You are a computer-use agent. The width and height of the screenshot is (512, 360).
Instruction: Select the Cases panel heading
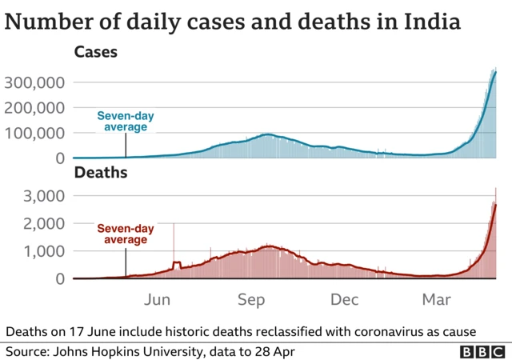(95, 54)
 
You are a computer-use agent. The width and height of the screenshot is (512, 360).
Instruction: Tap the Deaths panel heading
(100, 172)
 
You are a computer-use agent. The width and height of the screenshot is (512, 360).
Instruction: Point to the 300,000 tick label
(34, 82)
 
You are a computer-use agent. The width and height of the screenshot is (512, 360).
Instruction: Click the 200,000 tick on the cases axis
(34, 108)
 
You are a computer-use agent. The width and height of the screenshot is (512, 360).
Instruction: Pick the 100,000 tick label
(34, 133)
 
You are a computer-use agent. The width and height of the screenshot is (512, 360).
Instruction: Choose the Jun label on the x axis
(158, 300)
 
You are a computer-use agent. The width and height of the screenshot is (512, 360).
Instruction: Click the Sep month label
(251, 300)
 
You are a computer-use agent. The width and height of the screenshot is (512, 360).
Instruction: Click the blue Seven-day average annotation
(126, 122)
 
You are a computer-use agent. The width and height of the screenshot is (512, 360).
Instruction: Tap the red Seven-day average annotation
(126, 234)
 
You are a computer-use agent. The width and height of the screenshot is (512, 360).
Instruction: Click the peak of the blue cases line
(495, 73)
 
